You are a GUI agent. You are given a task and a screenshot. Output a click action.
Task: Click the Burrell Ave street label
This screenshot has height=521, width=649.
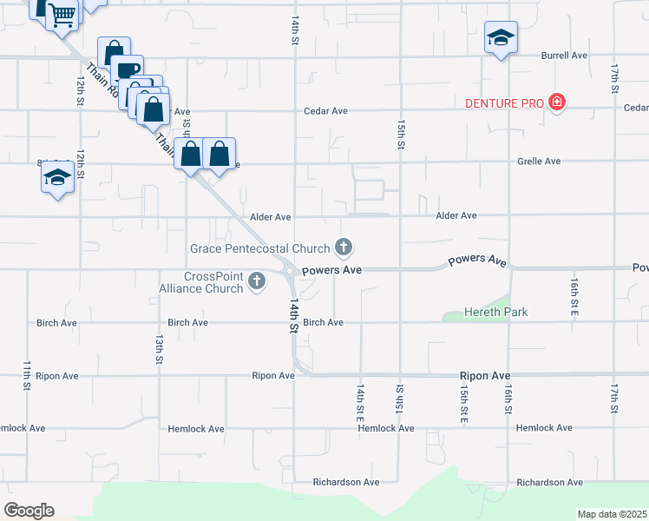[564, 56]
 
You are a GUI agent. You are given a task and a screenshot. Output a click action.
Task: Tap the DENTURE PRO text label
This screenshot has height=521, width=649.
[504, 103]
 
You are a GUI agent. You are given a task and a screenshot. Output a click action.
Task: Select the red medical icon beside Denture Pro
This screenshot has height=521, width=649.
[557, 103]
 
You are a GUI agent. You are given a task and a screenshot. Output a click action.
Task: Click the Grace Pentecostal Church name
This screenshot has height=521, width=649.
[260, 248]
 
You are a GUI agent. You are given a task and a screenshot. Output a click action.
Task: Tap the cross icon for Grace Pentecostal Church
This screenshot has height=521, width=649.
[344, 248]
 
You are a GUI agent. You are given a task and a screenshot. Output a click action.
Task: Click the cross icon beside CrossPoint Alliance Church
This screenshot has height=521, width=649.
[256, 281]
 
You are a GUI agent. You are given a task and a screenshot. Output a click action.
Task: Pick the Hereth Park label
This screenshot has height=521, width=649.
[495, 313]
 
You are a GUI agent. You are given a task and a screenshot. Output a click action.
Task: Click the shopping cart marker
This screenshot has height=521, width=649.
[61, 13]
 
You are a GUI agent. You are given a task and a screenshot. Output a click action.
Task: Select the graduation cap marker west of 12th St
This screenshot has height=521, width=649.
[57, 178]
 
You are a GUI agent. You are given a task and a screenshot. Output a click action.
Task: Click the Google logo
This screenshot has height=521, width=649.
[29, 511]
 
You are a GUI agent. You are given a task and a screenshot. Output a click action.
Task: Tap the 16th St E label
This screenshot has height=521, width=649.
[574, 295]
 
